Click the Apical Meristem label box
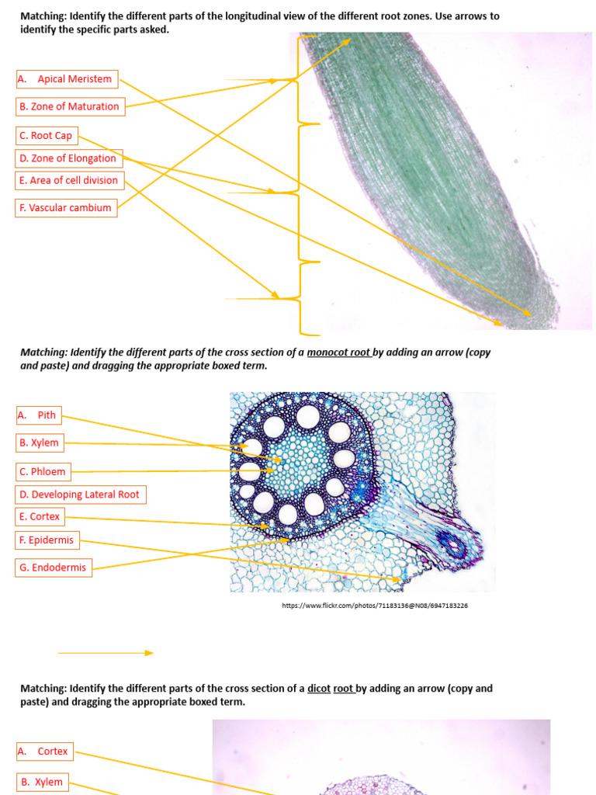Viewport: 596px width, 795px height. [67, 78]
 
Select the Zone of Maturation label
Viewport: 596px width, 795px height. [70, 106]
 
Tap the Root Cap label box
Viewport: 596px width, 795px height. [47, 135]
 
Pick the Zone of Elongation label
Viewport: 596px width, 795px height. [69, 158]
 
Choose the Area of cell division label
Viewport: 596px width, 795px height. [69, 180]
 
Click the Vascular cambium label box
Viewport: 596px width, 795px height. [66, 207]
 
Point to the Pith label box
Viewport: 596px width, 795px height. [38, 415]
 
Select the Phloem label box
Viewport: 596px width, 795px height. [43, 471]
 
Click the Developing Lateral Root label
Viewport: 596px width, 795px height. [80, 495]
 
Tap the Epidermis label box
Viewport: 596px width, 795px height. [47, 540]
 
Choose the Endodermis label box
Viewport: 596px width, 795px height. [54, 568]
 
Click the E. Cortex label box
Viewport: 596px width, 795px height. [40, 516]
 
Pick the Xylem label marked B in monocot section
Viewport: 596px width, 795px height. [40, 443]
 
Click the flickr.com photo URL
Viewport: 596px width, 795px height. [375, 606]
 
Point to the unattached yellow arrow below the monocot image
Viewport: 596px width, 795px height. [106, 653]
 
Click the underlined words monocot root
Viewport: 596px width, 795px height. [338, 352]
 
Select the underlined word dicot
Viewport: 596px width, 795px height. [319, 689]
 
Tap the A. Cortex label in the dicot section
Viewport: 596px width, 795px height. [46, 751]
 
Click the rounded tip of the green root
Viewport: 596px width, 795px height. [543, 311]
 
